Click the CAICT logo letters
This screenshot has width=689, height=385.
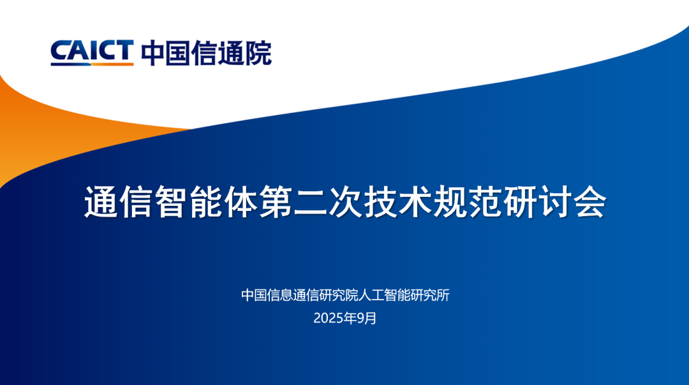point(92,50)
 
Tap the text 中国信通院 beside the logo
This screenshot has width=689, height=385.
point(206,52)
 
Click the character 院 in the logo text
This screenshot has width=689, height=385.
point(258,52)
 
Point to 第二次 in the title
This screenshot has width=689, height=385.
point(310,203)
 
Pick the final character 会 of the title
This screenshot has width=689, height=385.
point(588,203)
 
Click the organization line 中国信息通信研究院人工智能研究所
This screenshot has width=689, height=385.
point(345,295)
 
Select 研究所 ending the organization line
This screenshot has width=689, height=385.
point(431,295)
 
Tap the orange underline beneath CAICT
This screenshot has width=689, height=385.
point(92,64)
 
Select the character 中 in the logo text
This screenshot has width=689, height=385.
point(153,52)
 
